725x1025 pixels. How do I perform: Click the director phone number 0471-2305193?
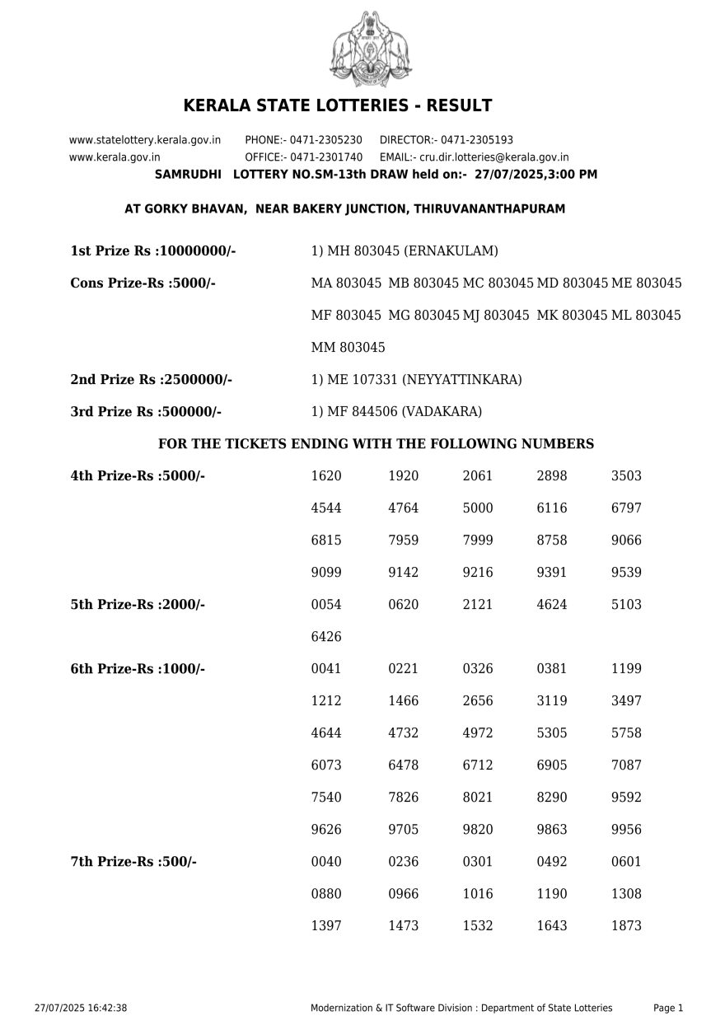coord(476,140)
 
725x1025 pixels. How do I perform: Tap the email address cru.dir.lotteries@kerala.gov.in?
coord(493,157)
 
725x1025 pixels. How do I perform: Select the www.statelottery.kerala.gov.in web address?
coord(145,140)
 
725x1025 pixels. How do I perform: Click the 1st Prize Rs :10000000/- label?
coord(153,250)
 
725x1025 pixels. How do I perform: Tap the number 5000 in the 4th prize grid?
coord(478,508)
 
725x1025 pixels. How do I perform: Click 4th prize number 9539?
coord(626,573)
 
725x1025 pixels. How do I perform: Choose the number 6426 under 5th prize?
coord(326,637)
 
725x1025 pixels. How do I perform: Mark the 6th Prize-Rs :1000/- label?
coord(138,669)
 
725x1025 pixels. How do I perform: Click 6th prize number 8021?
coord(478,798)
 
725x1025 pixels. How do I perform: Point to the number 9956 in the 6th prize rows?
coord(626,830)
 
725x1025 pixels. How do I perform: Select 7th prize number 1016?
coord(478,894)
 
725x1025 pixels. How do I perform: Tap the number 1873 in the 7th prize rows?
coord(626,926)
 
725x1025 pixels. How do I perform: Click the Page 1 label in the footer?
coord(668,1008)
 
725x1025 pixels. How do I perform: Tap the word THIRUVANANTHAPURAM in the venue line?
coord(489,209)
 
